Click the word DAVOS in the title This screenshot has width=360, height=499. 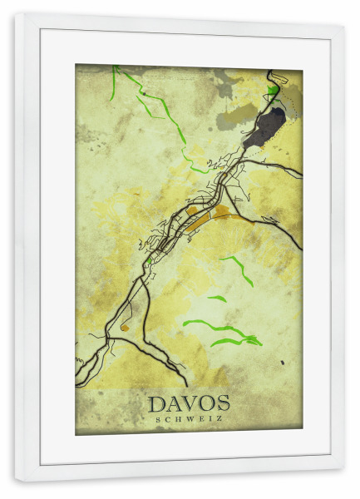(189, 404)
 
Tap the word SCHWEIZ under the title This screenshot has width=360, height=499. (189, 418)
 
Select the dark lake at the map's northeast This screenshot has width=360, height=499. (265, 126)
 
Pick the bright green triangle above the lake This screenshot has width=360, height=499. (273, 89)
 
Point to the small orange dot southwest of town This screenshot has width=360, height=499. (124, 327)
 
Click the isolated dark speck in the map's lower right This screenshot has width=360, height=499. (282, 362)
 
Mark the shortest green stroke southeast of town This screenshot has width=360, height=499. (216, 298)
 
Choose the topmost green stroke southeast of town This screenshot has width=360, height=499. (238, 269)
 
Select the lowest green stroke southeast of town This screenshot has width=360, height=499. (237, 340)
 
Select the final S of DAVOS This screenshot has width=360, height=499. (222, 404)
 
